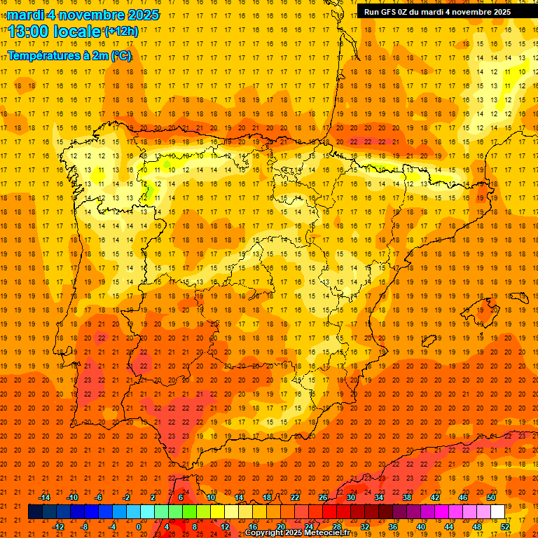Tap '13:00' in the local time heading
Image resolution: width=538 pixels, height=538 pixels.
tap(25, 32)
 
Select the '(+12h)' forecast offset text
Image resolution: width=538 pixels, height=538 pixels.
tap(121, 32)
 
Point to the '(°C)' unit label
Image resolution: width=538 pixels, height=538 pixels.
tap(120, 56)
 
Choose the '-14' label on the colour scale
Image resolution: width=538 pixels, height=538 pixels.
tap(44, 497)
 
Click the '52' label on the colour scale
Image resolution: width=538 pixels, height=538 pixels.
tap(505, 527)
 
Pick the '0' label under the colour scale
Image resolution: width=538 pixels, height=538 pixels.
tap(139, 527)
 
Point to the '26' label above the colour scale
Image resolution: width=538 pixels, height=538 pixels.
tap(323, 497)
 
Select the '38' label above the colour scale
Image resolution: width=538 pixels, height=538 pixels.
tap(407, 497)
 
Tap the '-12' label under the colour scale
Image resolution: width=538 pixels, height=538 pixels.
tap(58, 527)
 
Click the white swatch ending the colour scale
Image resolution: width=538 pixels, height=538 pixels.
tap(497, 512)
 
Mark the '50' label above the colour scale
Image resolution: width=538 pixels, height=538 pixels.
tap(491, 497)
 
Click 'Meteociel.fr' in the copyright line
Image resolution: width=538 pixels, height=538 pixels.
tap(327, 533)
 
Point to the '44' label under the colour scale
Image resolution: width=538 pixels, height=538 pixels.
tap(449, 527)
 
